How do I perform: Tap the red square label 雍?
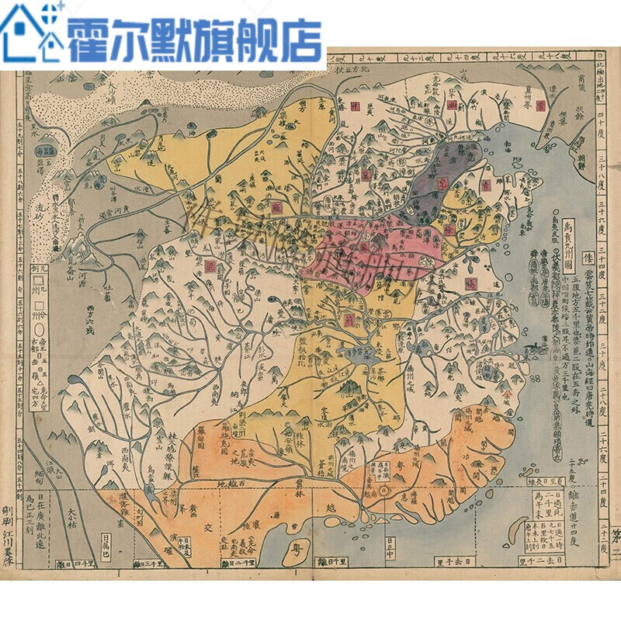click(277, 207)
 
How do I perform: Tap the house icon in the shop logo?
click(31, 31)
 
